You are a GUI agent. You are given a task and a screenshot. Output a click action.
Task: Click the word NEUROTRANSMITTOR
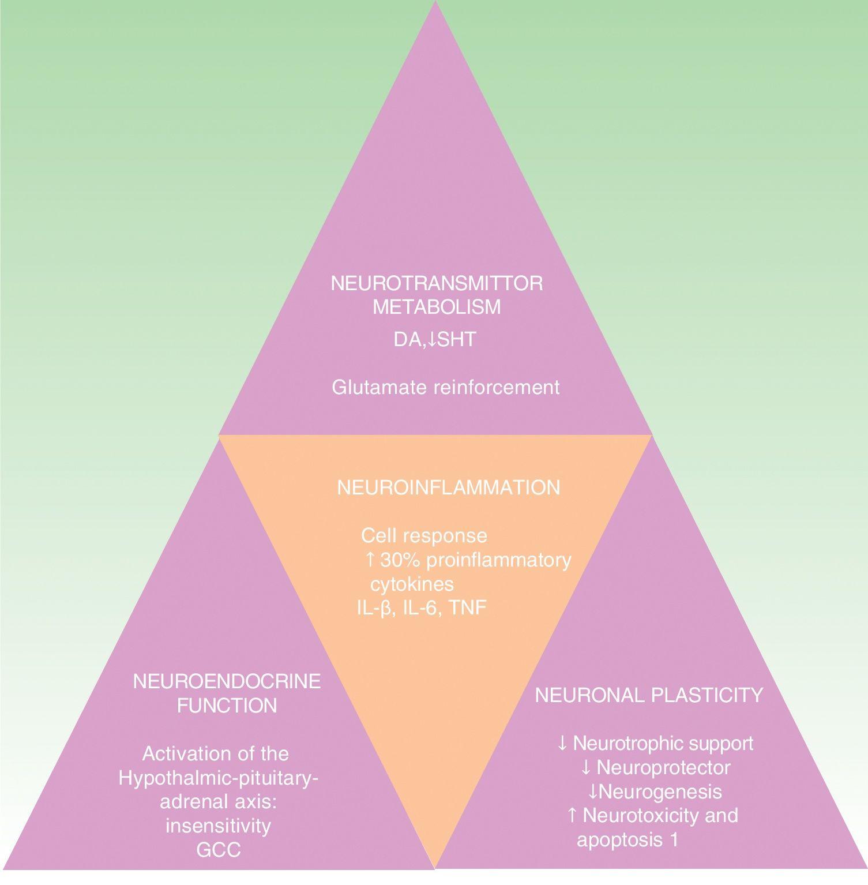click(437, 284)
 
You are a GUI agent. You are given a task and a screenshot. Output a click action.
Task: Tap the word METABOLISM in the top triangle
click(437, 307)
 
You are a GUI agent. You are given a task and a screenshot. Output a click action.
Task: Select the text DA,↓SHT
click(435, 339)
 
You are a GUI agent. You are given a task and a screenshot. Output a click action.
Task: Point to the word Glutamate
click(378, 387)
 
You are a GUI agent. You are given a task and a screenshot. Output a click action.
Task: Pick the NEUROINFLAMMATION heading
click(448, 487)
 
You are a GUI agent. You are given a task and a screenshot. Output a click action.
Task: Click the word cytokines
click(412, 584)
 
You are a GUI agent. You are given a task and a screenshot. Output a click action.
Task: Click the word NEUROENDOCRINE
click(227, 681)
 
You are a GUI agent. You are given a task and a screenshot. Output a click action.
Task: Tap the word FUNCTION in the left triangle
click(227, 706)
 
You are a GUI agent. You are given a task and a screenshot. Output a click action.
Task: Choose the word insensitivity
click(218, 826)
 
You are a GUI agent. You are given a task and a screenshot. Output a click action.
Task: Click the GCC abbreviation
click(218, 850)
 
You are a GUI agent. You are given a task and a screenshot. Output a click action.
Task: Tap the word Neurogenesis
click(660, 791)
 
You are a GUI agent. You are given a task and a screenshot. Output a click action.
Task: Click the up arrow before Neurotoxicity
click(572, 815)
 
